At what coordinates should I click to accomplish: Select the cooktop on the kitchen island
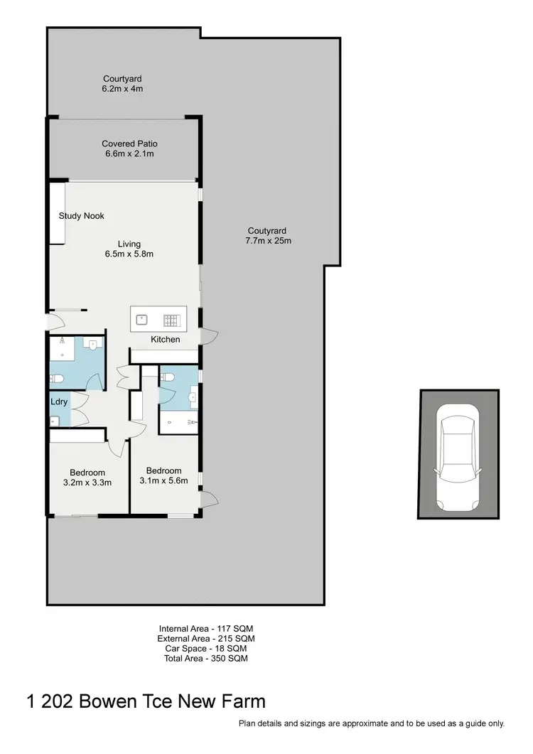pyautogui.click(x=171, y=318)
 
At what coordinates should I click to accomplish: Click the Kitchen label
pyautogui.click(x=166, y=340)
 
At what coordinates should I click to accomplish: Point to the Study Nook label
pyautogui.click(x=82, y=216)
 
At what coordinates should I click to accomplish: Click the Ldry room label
pyautogui.click(x=59, y=402)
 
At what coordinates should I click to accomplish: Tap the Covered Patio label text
pyautogui.click(x=129, y=144)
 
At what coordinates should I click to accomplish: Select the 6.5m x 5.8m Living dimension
pyautogui.click(x=129, y=254)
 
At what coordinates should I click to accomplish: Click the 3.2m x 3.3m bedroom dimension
pyautogui.click(x=87, y=483)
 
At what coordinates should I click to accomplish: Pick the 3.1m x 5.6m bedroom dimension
pyautogui.click(x=163, y=480)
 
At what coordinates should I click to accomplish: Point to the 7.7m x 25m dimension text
pyautogui.click(x=267, y=240)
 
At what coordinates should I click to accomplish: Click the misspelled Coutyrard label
pyautogui.click(x=267, y=230)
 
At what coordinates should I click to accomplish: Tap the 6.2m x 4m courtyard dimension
pyautogui.click(x=123, y=89)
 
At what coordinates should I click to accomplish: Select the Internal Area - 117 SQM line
pyautogui.click(x=206, y=629)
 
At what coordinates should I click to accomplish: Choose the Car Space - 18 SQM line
pyautogui.click(x=206, y=649)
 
